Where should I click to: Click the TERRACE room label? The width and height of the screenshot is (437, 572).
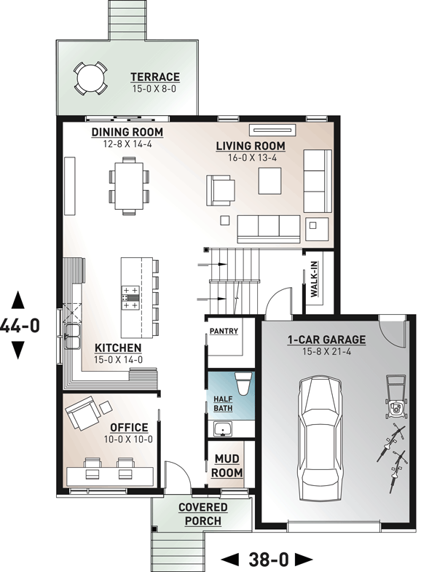155,77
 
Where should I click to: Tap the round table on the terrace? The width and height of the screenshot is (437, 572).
91,78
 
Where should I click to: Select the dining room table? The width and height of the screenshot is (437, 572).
129,186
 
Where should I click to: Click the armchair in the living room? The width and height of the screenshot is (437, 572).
221,190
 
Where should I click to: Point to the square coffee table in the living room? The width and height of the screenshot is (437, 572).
270,181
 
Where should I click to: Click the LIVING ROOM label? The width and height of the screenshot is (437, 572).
251,146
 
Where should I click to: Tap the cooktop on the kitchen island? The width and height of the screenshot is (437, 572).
130,298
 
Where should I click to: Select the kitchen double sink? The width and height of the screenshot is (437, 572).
72,337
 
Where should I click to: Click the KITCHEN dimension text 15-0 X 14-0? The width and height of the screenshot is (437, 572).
118,360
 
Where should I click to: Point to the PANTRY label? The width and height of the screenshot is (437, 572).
224,331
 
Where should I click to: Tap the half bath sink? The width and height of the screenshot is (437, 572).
223,429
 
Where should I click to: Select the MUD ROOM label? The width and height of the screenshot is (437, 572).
227,466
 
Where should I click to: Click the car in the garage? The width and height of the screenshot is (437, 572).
320,435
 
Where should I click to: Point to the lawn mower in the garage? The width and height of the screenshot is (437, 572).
395,397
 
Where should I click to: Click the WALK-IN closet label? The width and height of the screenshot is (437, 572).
314,279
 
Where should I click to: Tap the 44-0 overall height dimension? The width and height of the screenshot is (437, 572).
19,326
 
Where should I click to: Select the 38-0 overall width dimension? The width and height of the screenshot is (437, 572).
268,559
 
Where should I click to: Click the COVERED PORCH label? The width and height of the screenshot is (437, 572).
202,514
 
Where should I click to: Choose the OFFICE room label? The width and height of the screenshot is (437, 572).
129,428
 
